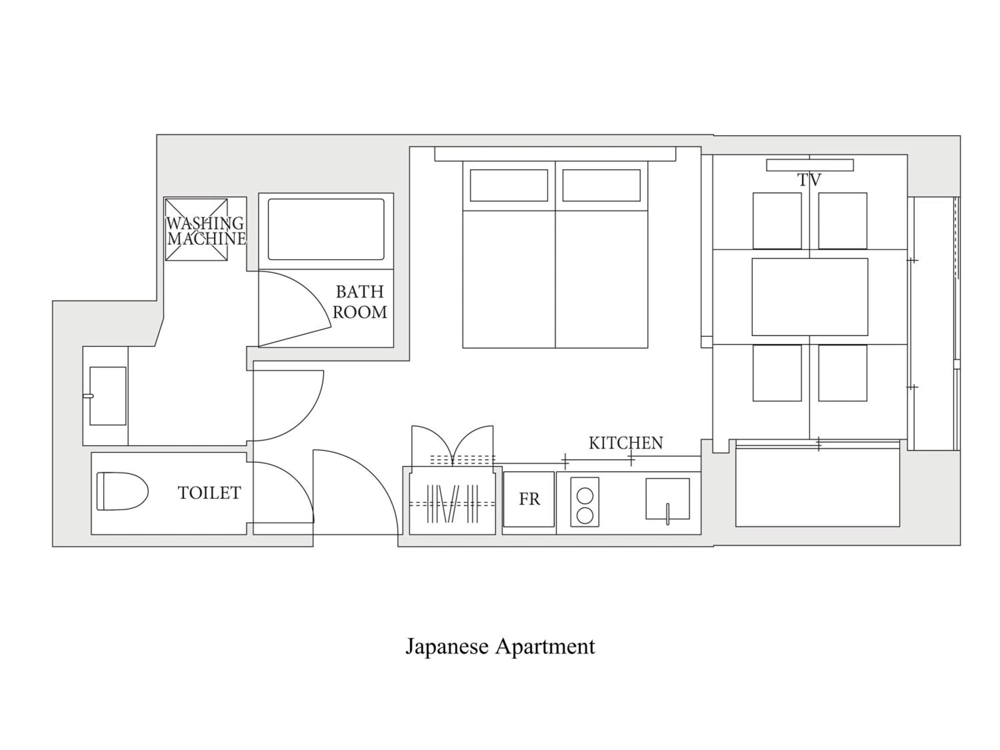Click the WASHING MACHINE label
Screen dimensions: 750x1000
coord(206,231)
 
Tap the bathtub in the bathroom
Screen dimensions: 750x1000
coord(326,229)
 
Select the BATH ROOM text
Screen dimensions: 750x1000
coord(360,302)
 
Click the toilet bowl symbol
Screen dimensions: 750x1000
coord(122,491)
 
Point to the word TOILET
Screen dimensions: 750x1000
coord(209,493)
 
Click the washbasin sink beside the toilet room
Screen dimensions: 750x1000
coord(108,396)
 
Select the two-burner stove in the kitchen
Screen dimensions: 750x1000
coord(585,502)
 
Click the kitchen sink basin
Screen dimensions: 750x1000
coord(667,499)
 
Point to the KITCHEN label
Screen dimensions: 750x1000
coord(626,443)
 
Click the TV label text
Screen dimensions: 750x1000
coord(809,180)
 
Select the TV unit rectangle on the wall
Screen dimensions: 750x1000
coord(810,165)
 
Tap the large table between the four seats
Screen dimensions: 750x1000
coord(810,297)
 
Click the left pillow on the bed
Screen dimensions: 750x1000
coord(509,185)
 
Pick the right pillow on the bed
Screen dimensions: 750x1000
coord(601,185)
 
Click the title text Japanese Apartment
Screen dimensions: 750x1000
coord(500,646)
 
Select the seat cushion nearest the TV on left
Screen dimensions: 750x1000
coord(777,221)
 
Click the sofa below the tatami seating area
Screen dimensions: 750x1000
coord(817,487)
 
